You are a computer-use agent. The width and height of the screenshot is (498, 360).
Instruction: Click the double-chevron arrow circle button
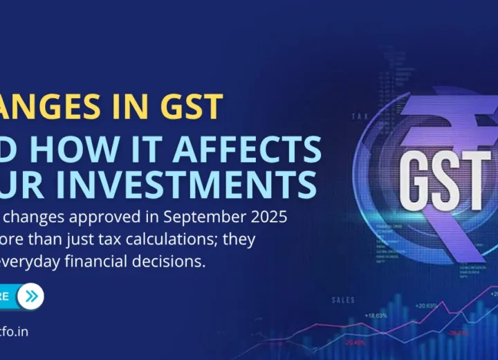point(30,296)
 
